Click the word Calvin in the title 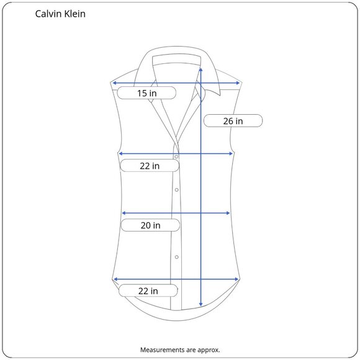pos(48,14)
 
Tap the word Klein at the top pos(75,14)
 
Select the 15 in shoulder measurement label pos(146,93)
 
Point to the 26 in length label pos(233,121)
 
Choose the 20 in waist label pos(150,225)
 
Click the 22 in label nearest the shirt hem pos(148,291)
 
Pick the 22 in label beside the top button pos(150,166)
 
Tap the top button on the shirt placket pos(176,156)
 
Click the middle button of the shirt pos(176,190)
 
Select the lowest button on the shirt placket pos(176,257)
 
